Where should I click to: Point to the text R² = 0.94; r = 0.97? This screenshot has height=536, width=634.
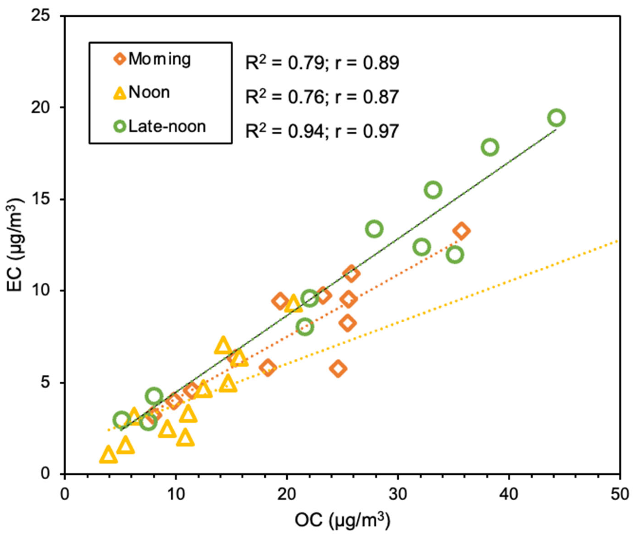322,132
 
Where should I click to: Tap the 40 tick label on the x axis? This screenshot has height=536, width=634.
509,495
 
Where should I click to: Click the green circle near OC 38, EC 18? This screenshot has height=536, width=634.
490,147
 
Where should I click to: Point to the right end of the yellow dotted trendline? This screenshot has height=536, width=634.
618,241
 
